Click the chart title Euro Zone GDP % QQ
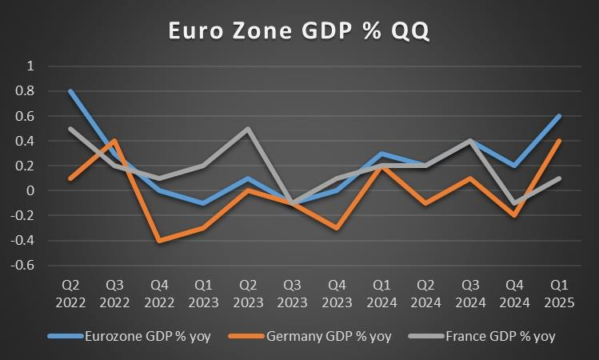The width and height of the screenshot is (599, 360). click(299, 30)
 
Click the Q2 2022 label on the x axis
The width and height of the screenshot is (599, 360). click(71, 293)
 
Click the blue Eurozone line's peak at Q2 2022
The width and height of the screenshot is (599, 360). click(71, 91)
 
